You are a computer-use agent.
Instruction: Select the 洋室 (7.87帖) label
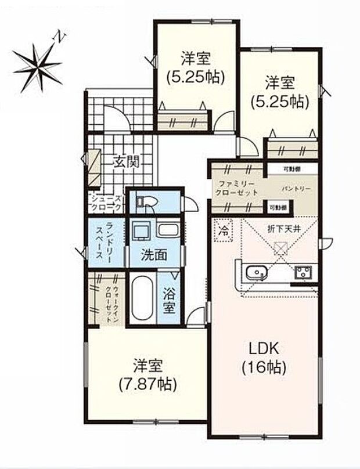click(x=146, y=374)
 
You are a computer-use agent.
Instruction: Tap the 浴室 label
click(x=169, y=301)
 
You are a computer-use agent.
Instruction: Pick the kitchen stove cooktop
click(x=303, y=272)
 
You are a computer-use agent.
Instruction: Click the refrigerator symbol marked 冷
click(x=224, y=229)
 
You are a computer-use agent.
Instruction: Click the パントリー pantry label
click(x=296, y=189)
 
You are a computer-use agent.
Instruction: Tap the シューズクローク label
click(x=106, y=202)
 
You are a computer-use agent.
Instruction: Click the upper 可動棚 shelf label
click(x=292, y=169)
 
